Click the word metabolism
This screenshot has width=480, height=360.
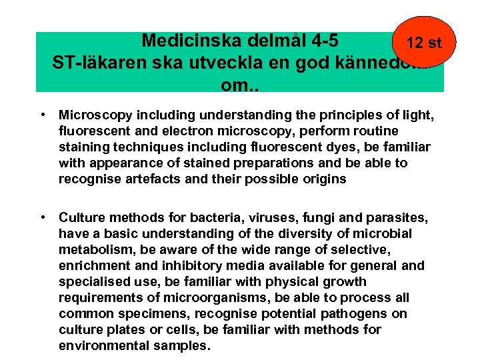(92, 249)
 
